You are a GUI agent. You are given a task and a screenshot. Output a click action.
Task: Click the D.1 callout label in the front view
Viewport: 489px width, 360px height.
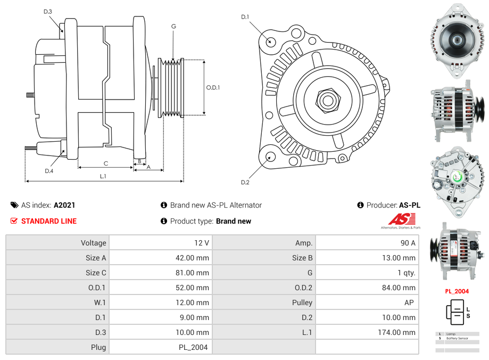pyautogui.click(x=245, y=17)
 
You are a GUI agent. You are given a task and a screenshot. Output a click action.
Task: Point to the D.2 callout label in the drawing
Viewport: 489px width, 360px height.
pyautogui.click(x=245, y=182)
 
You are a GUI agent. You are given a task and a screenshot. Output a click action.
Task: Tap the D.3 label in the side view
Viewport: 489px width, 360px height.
pyautogui.click(x=48, y=12)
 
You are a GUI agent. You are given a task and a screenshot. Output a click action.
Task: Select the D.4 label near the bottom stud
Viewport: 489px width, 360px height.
pyautogui.click(x=49, y=171)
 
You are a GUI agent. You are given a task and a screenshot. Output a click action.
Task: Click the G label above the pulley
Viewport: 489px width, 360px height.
pyautogui.click(x=173, y=26)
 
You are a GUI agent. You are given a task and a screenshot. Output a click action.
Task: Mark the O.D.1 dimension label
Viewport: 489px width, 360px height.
pyautogui.click(x=213, y=87)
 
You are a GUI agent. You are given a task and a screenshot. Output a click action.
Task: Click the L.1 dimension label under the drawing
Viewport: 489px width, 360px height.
pyautogui.click(x=103, y=176)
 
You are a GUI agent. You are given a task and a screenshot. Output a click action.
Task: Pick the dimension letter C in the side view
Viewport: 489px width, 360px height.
pyautogui.click(x=106, y=163)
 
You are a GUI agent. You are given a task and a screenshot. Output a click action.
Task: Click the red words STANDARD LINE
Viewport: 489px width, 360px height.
pyautogui.click(x=49, y=221)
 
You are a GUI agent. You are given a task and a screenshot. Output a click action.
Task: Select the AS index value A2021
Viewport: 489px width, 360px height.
pyautogui.click(x=64, y=205)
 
